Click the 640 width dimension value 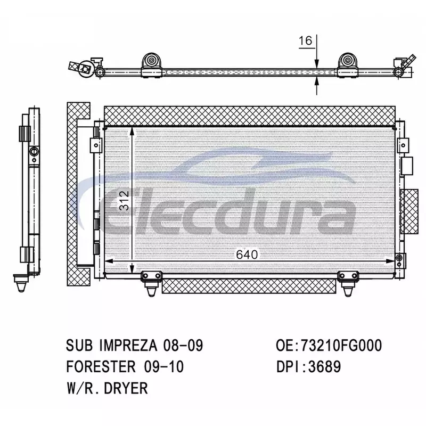click(247, 255)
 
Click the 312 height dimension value click(125, 201)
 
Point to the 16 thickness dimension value click(306, 41)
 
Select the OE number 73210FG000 click(341, 346)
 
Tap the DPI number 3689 click(325, 366)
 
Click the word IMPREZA click(128, 346)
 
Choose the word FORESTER click(101, 366)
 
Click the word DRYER click(126, 388)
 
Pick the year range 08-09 click(183, 346)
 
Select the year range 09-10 click(164, 366)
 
